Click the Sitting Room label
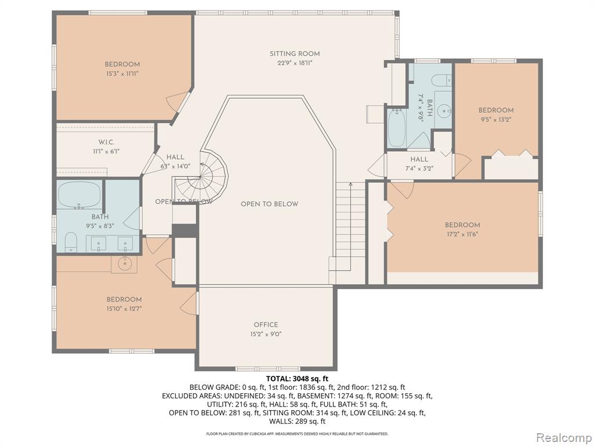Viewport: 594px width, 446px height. click(x=295, y=54)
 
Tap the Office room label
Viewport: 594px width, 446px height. click(x=266, y=325)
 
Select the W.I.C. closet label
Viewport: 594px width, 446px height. click(x=106, y=142)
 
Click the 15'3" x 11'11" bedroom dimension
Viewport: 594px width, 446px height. click(x=122, y=74)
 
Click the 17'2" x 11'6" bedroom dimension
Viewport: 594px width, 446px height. click(x=462, y=234)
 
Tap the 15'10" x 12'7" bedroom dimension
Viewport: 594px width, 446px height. click(x=124, y=309)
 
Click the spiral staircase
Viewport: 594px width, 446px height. click(x=200, y=178)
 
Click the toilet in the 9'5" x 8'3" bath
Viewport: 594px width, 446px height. click(x=71, y=243)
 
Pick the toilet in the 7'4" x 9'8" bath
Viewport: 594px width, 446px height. click(x=441, y=80)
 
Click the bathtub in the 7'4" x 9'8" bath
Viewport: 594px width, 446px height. click(x=397, y=128)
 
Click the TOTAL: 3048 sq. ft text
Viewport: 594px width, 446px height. click(x=297, y=379)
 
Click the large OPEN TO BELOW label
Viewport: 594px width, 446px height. click(x=269, y=204)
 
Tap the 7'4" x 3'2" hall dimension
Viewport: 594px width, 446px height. click(x=419, y=168)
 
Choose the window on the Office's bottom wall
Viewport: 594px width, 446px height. click(x=268, y=369)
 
